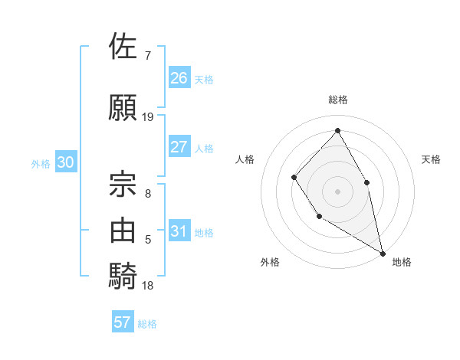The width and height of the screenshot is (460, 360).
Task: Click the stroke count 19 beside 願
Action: [148, 117]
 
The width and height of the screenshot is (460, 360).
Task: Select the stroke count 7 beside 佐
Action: [148, 56]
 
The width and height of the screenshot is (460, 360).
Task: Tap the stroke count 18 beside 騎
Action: [148, 286]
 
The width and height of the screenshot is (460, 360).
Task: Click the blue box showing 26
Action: [179, 77]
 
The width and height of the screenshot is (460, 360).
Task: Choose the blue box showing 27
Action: [179, 146]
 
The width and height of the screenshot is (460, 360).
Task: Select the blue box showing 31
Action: [179, 231]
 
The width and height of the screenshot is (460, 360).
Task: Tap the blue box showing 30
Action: [65, 162]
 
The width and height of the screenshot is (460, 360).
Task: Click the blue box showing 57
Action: [123, 322]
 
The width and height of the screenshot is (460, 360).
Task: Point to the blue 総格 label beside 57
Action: [147, 324]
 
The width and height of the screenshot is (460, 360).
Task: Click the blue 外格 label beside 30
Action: [41, 163]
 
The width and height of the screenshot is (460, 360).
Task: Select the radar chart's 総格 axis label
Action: [337, 100]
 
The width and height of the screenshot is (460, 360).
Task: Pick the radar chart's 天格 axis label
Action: [431, 159]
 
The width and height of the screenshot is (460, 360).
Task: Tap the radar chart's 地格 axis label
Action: [402, 262]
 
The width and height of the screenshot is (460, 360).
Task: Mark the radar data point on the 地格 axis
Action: [383, 252]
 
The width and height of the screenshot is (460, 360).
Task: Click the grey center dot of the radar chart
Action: [337, 191]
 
